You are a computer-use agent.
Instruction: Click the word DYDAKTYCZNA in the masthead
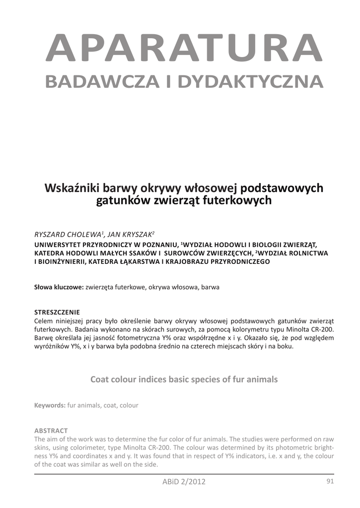(x=251, y=81)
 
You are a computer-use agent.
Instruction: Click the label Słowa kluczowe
(x=59, y=287)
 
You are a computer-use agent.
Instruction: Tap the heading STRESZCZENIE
(x=57, y=312)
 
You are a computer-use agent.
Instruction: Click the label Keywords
(x=50, y=405)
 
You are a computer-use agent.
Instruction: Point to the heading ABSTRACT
(x=51, y=431)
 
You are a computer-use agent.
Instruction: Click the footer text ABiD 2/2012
(x=184, y=482)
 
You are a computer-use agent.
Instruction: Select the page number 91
(x=330, y=481)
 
